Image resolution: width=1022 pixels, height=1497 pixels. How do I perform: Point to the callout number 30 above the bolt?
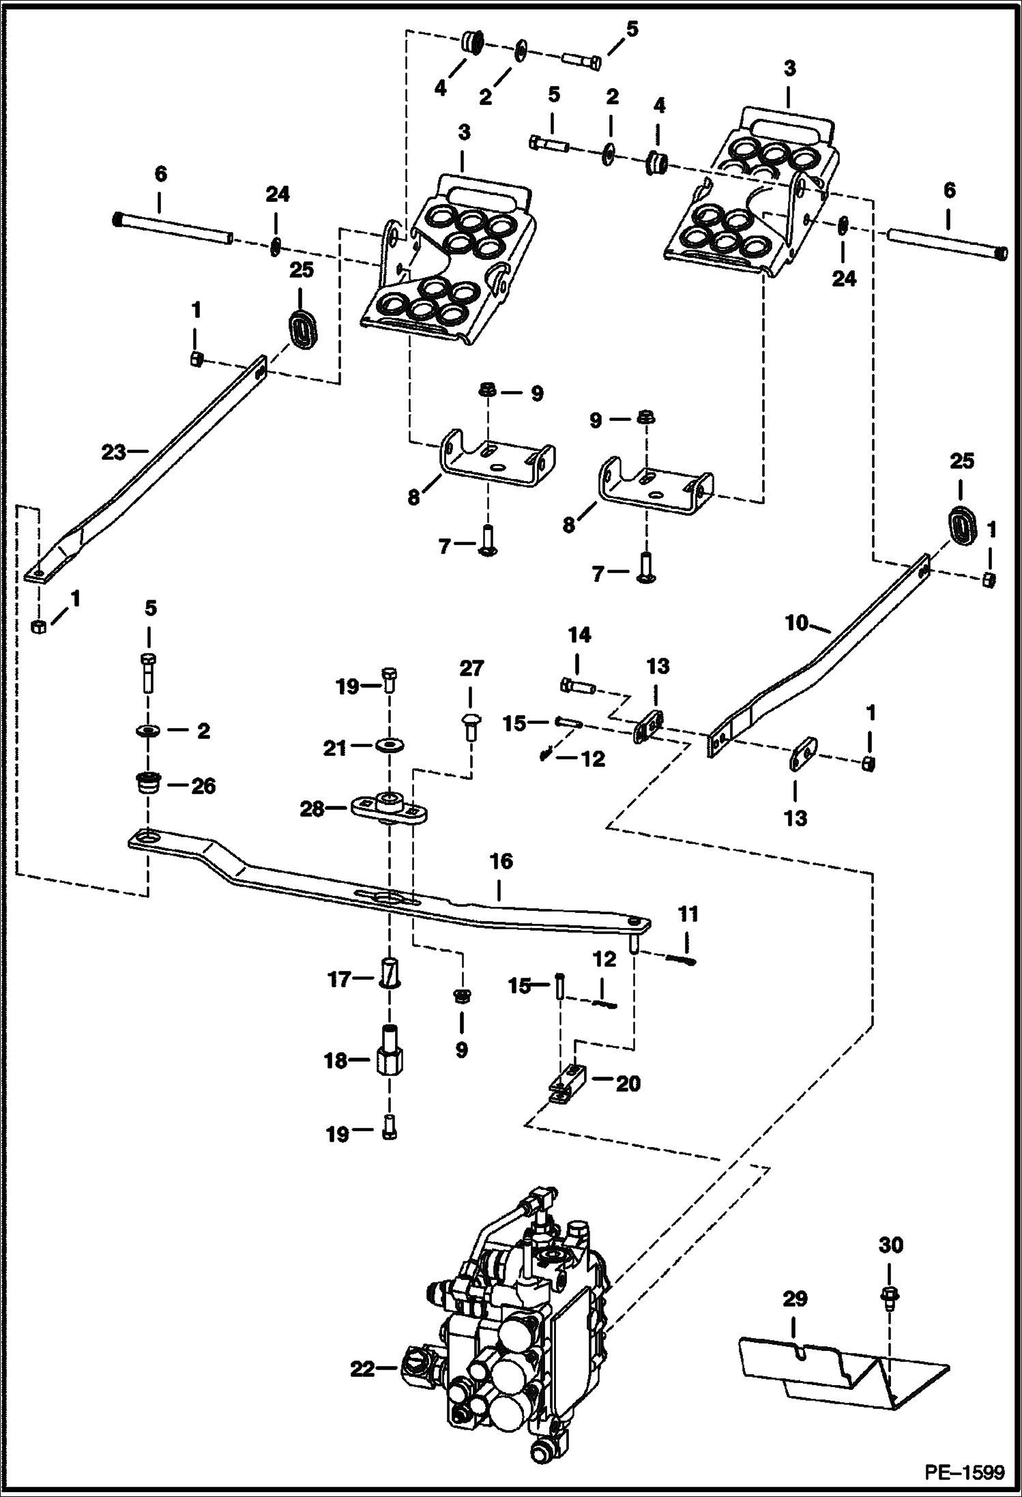pyautogui.click(x=890, y=1245)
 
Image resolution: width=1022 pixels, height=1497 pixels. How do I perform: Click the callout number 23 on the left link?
pyautogui.click(x=115, y=451)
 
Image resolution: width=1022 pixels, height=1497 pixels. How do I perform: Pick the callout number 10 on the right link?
pyautogui.click(x=797, y=622)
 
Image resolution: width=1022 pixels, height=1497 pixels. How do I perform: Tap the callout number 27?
pyautogui.click(x=471, y=669)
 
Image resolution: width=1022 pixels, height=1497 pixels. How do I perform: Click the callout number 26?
pyautogui.click(x=203, y=786)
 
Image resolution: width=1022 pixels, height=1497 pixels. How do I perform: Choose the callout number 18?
pyautogui.click(x=336, y=1060)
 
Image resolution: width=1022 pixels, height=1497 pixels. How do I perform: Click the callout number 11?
pyautogui.click(x=688, y=913)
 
